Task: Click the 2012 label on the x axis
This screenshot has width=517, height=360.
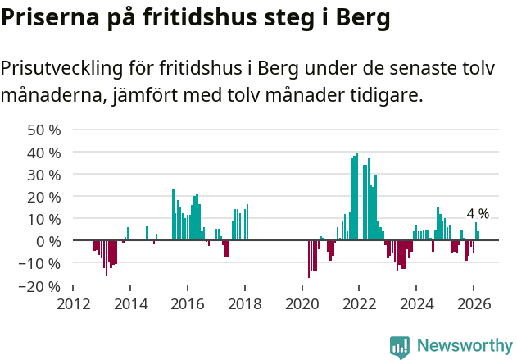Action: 74,303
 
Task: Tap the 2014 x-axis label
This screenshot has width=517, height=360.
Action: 130,303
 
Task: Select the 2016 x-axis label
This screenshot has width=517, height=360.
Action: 188,303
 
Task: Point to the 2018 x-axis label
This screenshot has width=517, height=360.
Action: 244,303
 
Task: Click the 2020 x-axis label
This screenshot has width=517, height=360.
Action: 302,303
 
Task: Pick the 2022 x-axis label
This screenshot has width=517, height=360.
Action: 359,303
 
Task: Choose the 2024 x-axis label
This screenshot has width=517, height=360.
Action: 416,303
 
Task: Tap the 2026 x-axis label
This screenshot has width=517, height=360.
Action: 473,303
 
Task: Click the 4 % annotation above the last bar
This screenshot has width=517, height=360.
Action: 478,214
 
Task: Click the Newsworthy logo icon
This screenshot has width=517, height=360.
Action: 400,347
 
